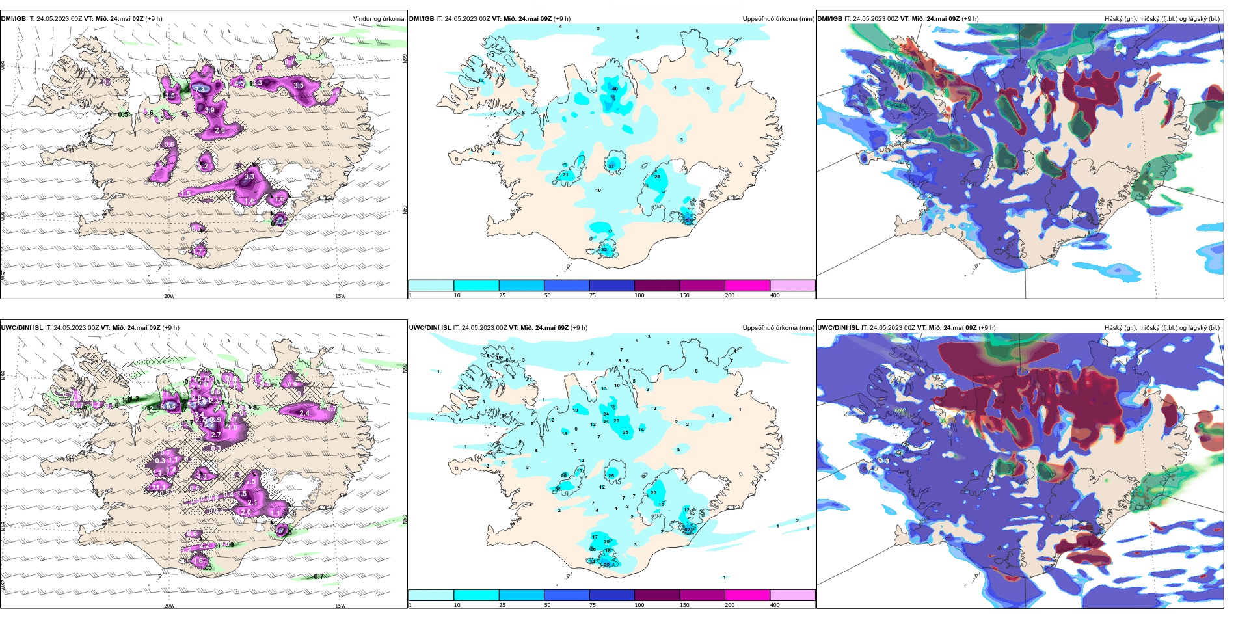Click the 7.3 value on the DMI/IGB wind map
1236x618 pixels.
click(201, 89)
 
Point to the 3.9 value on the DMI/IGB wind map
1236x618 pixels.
click(209, 111)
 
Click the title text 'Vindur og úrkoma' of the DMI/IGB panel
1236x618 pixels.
click(378, 19)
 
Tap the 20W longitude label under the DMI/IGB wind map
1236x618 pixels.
click(169, 296)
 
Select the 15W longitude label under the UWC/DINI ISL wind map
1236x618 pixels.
click(340, 606)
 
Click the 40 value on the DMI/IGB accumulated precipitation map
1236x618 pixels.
click(615, 89)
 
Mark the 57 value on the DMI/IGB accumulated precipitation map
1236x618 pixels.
click(688, 220)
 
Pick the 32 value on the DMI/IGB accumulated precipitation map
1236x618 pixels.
click(604, 250)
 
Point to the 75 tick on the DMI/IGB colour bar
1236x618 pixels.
click(593, 295)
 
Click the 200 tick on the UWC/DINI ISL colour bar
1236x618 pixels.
click(730, 605)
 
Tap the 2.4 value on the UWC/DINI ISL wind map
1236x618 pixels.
click(304, 413)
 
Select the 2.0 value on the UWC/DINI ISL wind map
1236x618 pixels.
click(246, 513)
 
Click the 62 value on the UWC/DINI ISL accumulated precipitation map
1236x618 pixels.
click(687, 530)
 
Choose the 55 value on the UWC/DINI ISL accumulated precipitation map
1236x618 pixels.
click(606, 565)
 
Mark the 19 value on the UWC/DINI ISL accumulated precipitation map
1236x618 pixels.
click(575, 410)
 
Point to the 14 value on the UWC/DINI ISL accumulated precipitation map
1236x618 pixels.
click(641, 429)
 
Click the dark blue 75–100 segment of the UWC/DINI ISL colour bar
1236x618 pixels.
click(611, 595)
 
